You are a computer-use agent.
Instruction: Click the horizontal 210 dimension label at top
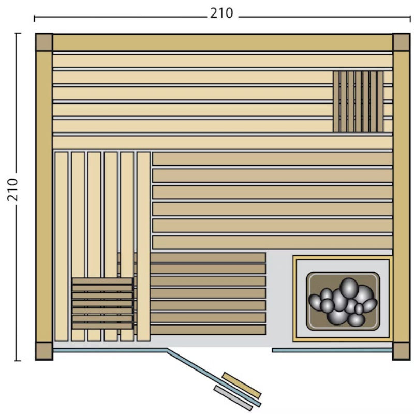tap(221, 13)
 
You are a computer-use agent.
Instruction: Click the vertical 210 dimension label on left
tap(12, 189)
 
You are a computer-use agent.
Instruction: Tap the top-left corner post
tap(44, 42)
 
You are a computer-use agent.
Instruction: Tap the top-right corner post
tap(401, 42)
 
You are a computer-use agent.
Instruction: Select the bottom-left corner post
tap(44, 351)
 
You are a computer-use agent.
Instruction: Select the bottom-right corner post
tap(401, 351)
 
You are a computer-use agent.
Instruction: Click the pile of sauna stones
tap(343, 302)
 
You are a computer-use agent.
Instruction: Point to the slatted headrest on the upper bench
tap(358, 101)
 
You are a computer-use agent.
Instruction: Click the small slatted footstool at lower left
tap(102, 303)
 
